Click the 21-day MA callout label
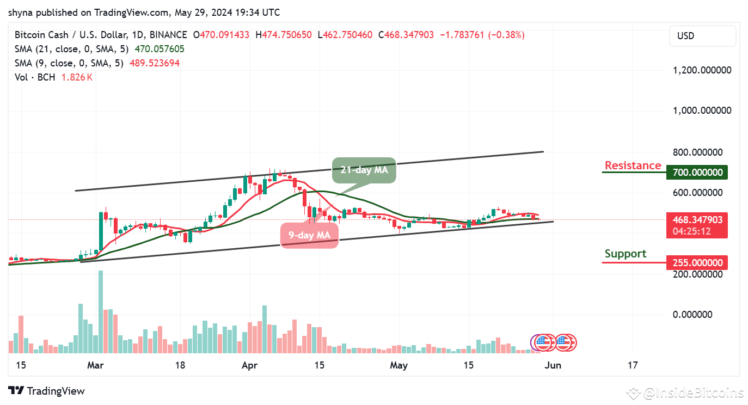coord(364,169)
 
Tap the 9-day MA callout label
coord(309,235)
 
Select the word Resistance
coord(633,165)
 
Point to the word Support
coord(626,254)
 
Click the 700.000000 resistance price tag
coord(697,173)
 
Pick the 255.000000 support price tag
coord(697,263)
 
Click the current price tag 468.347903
coord(697,220)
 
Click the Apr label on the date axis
coord(249,365)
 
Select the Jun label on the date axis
coord(553,365)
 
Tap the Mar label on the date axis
coord(96,365)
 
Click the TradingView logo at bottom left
coord(47,391)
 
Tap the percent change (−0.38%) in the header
coord(506,35)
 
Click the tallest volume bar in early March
coord(101,312)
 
